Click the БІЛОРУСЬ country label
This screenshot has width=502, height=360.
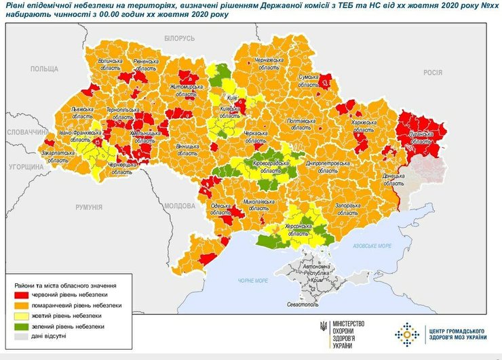tap(179, 37)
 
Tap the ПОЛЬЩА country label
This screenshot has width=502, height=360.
tap(45, 69)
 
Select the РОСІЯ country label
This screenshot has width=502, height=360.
tap(432, 72)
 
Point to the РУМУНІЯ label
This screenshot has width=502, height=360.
tap(88, 207)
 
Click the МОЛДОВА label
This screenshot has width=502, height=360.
tap(180, 205)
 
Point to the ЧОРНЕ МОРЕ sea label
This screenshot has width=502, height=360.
tap(254, 279)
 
